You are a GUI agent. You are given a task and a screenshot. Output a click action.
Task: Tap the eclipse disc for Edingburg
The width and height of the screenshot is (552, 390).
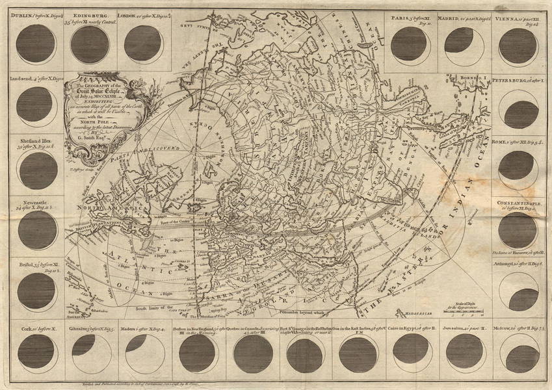(x=90, y=44)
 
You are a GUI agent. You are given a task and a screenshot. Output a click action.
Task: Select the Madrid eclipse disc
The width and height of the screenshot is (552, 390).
(x=462, y=44)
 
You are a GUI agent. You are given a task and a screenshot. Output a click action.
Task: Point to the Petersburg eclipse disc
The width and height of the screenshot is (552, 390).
(x=519, y=110)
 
